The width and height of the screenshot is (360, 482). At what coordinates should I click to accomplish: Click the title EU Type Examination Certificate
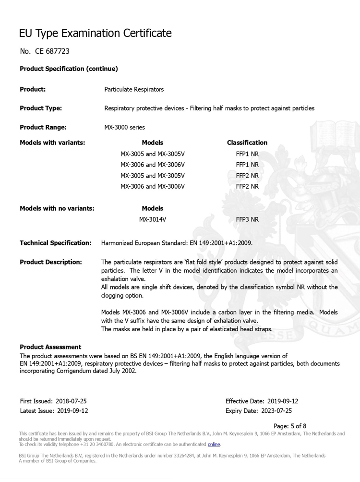[x=95, y=33]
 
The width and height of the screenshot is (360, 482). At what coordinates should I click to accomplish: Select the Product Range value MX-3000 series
[x=124, y=127]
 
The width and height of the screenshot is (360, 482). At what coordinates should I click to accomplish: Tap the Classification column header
[x=247, y=143]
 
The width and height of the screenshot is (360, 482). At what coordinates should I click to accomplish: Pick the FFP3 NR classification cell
[x=247, y=219]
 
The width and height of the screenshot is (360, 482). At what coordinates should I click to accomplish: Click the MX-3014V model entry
[x=153, y=219]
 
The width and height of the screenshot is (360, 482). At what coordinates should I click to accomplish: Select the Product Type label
[x=41, y=108]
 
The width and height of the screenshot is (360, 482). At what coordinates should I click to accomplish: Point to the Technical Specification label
[x=56, y=243]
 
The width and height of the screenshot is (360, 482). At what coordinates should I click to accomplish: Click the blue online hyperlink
[x=214, y=444]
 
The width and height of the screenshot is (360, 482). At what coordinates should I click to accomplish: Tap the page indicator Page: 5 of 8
[x=289, y=426]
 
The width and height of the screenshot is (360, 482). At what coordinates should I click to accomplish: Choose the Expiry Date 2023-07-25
[x=258, y=410]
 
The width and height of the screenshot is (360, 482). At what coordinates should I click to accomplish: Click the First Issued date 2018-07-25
[x=53, y=401]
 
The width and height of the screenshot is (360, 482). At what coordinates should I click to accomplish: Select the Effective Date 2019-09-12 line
[x=262, y=401]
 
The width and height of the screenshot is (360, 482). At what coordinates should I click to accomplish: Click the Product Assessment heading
[x=50, y=347]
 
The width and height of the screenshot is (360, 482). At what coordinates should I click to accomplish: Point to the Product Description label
[x=51, y=262]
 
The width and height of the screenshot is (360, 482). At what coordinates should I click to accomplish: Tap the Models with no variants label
[x=57, y=208]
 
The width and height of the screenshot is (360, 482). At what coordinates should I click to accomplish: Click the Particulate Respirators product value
[x=134, y=89]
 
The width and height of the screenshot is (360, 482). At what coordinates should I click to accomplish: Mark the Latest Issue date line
[x=54, y=410]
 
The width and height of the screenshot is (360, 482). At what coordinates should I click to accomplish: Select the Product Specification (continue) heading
[x=69, y=69]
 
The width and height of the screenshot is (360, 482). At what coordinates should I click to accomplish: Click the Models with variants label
[x=52, y=143]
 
